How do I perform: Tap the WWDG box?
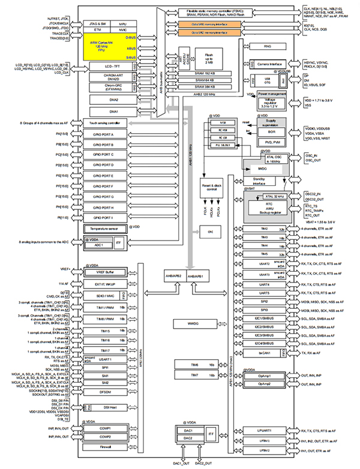[187, 323]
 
